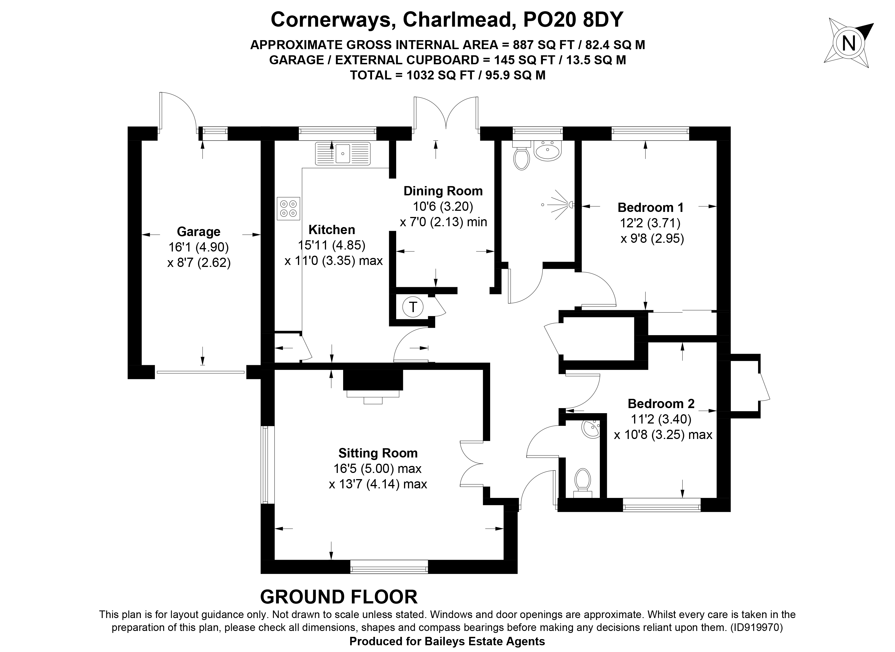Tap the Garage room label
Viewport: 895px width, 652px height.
click(198, 231)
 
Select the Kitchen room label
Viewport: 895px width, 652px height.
click(331, 229)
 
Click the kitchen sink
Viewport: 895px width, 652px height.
click(343, 153)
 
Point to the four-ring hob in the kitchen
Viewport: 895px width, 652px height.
click(288, 208)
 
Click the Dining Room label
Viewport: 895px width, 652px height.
click(443, 191)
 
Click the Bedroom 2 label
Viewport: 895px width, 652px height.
click(661, 403)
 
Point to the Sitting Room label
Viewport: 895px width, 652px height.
click(378, 453)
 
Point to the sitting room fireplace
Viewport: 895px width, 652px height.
click(373, 386)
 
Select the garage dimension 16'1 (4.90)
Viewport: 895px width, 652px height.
click(198, 247)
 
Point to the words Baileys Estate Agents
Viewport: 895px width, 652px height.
click(484, 642)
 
